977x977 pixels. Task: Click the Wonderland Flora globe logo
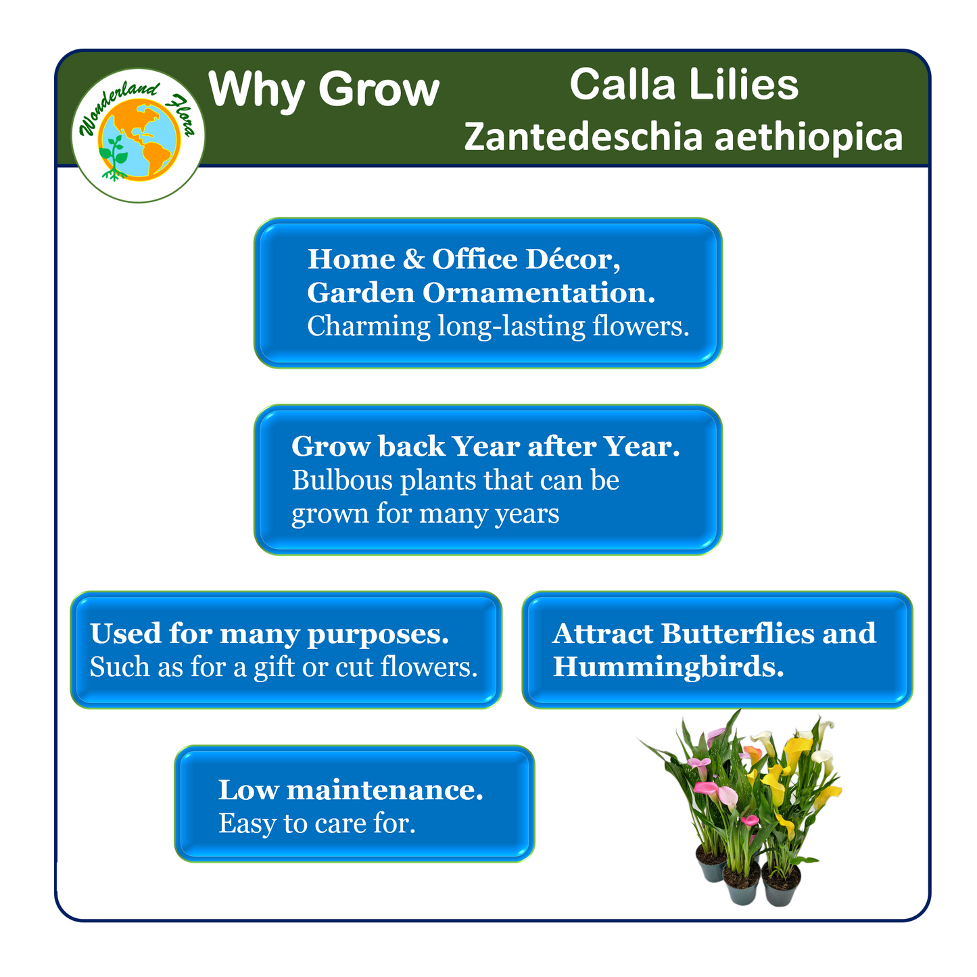[138, 135]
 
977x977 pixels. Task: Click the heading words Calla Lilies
[684, 84]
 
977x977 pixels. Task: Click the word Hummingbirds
[668, 667]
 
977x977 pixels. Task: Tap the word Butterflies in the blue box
[737, 633]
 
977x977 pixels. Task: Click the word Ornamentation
[538, 293]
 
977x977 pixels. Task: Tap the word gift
[274, 667]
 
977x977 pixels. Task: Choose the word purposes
[378, 635]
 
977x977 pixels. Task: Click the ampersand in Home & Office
[414, 260]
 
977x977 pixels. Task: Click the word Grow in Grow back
[331, 446]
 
